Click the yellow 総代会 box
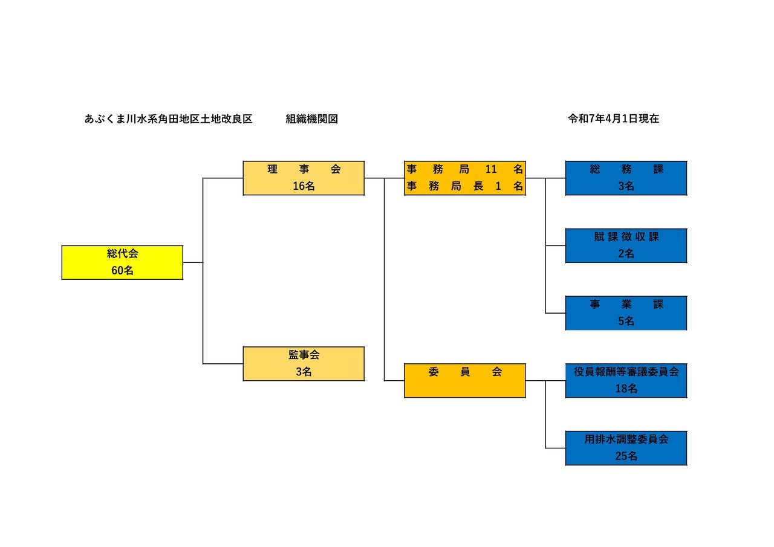[x=122, y=262]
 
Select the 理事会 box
[x=304, y=178]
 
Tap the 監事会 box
[x=304, y=363]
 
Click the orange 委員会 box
[x=464, y=380]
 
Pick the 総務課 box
[x=626, y=178]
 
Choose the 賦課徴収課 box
[x=626, y=245]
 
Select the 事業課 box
[x=626, y=313]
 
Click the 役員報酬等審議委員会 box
[x=626, y=380]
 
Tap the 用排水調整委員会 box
[x=626, y=448]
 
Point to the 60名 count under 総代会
[x=122, y=271]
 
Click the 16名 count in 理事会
[x=304, y=186]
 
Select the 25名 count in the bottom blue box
[x=626, y=456]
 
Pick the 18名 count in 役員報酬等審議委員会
[x=626, y=389]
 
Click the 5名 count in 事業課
[x=626, y=322]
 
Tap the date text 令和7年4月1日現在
[x=613, y=119]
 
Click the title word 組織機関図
[x=311, y=119]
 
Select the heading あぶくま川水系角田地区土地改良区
[x=168, y=119]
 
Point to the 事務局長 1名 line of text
[x=464, y=187]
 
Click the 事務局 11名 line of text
[x=464, y=169]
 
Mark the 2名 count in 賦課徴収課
[x=626, y=254]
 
